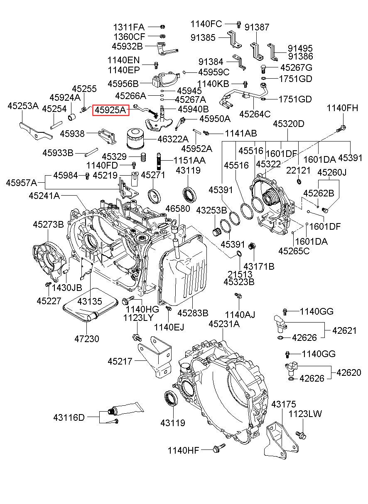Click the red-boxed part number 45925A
(x=111, y=110)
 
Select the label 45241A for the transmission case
(x=44, y=196)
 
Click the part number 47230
(x=87, y=339)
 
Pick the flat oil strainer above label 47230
(x=90, y=305)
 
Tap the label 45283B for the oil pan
(x=193, y=313)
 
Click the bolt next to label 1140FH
(x=341, y=129)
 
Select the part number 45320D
(x=289, y=124)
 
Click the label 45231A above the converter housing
(x=224, y=324)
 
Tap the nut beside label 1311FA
(x=162, y=26)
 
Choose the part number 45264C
(x=255, y=114)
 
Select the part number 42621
(x=344, y=330)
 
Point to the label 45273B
(x=48, y=224)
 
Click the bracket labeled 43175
(x=282, y=441)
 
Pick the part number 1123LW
(x=305, y=414)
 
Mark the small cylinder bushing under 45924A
(x=71, y=117)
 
